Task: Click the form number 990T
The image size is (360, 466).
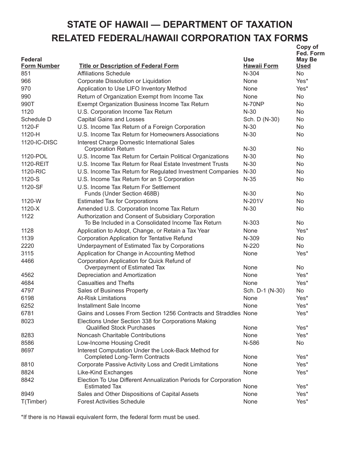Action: pos(27,104)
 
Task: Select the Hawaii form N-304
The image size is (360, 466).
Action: pos(251,73)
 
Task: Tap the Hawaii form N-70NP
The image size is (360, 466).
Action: pos(254,104)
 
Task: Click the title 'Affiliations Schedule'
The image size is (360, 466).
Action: pos(103,73)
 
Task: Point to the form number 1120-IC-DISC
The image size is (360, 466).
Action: pos(39,142)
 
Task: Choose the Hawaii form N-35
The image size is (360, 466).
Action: pos(249,179)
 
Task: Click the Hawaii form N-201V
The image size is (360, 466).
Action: pos(253,201)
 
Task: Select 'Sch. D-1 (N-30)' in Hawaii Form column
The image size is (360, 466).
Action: pos(264,291)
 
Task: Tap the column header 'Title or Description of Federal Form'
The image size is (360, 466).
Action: pos(128,66)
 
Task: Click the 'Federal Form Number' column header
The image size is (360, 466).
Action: pos(40,63)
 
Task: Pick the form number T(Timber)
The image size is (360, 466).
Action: pos(34,402)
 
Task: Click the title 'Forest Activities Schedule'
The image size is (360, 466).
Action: pos(111,402)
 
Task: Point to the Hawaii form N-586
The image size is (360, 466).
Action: pos(251,343)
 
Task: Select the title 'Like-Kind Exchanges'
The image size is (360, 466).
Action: pos(105,372)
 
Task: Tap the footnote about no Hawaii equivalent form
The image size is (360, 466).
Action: pos(110,417)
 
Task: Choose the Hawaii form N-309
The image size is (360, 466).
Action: pos(251,238)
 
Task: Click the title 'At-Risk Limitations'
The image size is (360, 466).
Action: pos(102,298)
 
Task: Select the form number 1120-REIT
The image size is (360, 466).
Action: pos(35,164)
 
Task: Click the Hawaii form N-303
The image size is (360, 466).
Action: pos(251,223)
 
